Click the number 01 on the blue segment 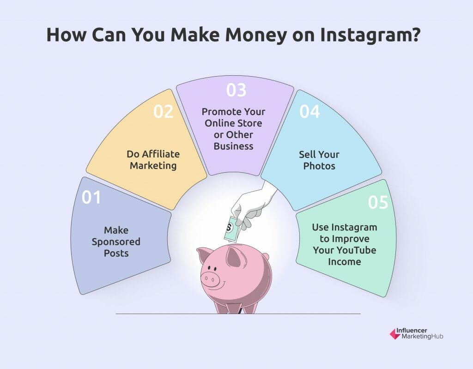(x=91, y=197)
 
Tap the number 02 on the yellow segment (x=164, y=112)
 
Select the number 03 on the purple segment (x=236, y=90)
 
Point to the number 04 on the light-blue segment (x=309, y=112)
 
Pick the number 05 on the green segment (x=378, y=202)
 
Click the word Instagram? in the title (x=370, y=35)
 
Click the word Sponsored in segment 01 (x=116, y=242)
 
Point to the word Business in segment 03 (x=233, y=146)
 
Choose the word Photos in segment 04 (x=319, y=166)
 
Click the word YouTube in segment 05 (x=356, y=250)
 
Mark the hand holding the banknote (x=254, y=205)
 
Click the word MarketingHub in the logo (x=422, y=336)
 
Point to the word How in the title (x=67, y=35)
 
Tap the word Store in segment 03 (x=249, y=123)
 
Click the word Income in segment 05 (x=345, y=261)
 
